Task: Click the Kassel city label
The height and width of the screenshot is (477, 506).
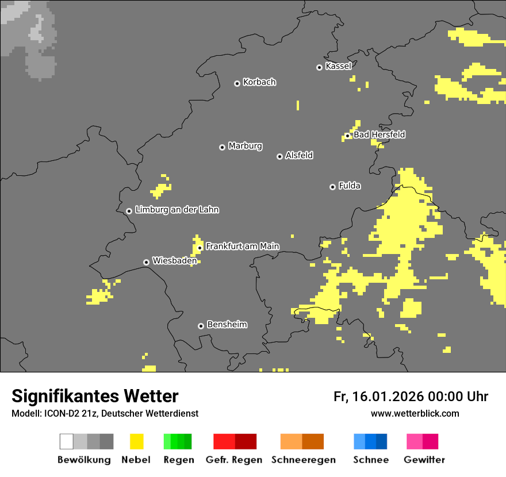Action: (338, 66)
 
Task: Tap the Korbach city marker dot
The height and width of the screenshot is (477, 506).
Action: (237, 83)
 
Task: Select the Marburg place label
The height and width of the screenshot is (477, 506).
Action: (245, 146)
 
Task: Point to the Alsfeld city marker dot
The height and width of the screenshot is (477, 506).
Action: (279, 156)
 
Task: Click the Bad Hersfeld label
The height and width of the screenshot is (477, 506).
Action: (379, 134)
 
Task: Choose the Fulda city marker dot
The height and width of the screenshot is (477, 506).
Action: (332, 187)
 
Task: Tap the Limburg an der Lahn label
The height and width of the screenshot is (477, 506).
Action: (177, 210)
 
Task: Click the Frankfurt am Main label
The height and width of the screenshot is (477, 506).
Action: (242, 247)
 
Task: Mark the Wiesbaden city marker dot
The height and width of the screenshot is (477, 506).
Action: (146, 262)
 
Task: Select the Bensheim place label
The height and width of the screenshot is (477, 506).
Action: (227, 325)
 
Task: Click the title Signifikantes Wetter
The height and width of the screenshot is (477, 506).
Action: (95, 397)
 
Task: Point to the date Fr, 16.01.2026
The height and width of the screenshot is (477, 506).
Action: (378, 397)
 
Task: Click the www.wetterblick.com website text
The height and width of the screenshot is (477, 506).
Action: (415, 413)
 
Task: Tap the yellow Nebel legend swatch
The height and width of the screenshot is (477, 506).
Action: (136, 441)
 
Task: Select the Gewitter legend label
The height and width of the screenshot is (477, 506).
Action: (424, 460)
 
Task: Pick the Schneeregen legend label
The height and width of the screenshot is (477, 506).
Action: (303, 460)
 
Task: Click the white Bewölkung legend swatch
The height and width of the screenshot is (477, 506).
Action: (67, 441)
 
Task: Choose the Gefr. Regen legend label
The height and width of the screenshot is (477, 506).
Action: (234, 460)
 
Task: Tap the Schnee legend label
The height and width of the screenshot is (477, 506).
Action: (371, 460)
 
